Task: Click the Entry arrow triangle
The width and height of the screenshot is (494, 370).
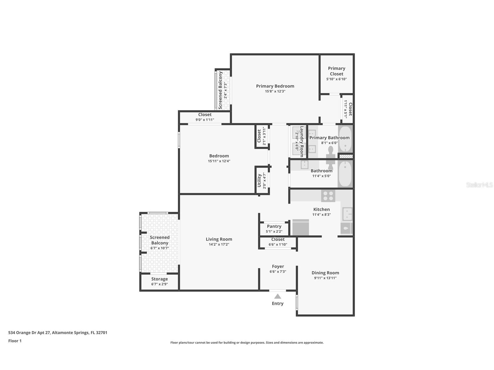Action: pos(277,296)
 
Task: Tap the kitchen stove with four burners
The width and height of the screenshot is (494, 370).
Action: pos(328,196)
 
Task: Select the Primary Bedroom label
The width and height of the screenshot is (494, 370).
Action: pos(275,86)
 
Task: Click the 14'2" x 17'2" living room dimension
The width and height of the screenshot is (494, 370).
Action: pos(219,244)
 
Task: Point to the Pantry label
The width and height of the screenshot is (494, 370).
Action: pos(274,226)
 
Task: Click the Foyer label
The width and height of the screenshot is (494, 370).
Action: pos(278,266)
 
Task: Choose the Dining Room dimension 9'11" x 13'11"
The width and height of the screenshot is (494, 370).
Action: pos(325,278)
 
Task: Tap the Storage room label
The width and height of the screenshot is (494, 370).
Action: pos(159,279)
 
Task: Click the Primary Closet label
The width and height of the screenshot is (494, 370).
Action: pos(337,71)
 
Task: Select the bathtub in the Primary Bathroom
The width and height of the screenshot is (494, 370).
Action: pos(345,139)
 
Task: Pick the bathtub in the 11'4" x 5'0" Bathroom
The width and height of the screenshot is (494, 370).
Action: pos(345,174)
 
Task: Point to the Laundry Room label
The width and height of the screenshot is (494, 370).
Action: pos(302,141)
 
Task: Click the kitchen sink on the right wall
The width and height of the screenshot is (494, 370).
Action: pos(347,214)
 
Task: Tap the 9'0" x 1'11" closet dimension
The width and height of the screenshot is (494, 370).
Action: pos(205,120)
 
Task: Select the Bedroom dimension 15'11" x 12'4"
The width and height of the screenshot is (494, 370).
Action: pos(219,161)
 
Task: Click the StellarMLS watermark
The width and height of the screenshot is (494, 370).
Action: pos(479,185)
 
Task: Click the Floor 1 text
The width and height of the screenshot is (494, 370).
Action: pos(15,341)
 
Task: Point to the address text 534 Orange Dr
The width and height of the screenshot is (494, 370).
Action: pos(58,332)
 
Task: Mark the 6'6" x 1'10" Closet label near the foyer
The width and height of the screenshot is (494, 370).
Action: pos(278,239)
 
